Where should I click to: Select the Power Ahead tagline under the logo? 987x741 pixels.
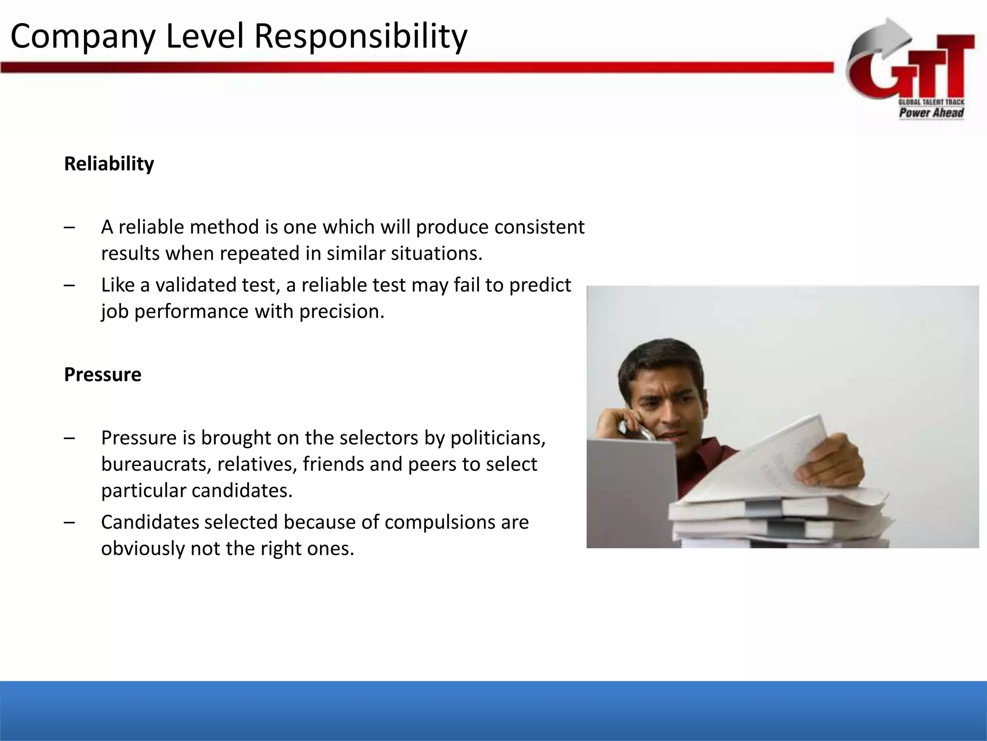(x=931, y=113)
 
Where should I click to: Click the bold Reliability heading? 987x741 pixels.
(x=109, y=164)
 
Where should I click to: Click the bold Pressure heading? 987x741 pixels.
(x=103, y=375)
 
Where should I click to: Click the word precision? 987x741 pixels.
(x=342, y=311)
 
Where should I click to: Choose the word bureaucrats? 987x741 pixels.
(x=156, y=464)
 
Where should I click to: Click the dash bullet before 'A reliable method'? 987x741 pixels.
(x=69, y=227)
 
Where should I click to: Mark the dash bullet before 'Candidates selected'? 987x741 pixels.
(x=69, y=522)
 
